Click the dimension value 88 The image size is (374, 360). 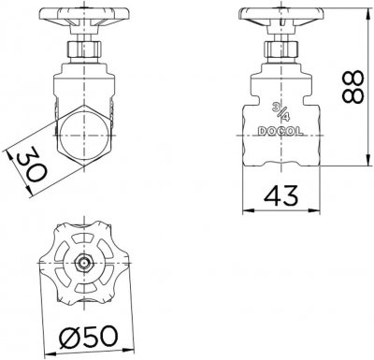(352, 87)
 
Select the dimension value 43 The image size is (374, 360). (281, 195)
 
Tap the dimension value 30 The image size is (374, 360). (32, 165)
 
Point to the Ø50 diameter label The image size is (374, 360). (89, 337)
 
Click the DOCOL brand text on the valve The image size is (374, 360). (280, 132)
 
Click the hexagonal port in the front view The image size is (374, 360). (84, 136)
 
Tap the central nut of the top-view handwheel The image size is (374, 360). (84, 263)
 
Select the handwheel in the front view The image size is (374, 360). (84, 16)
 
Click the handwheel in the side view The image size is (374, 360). (281, 16)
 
